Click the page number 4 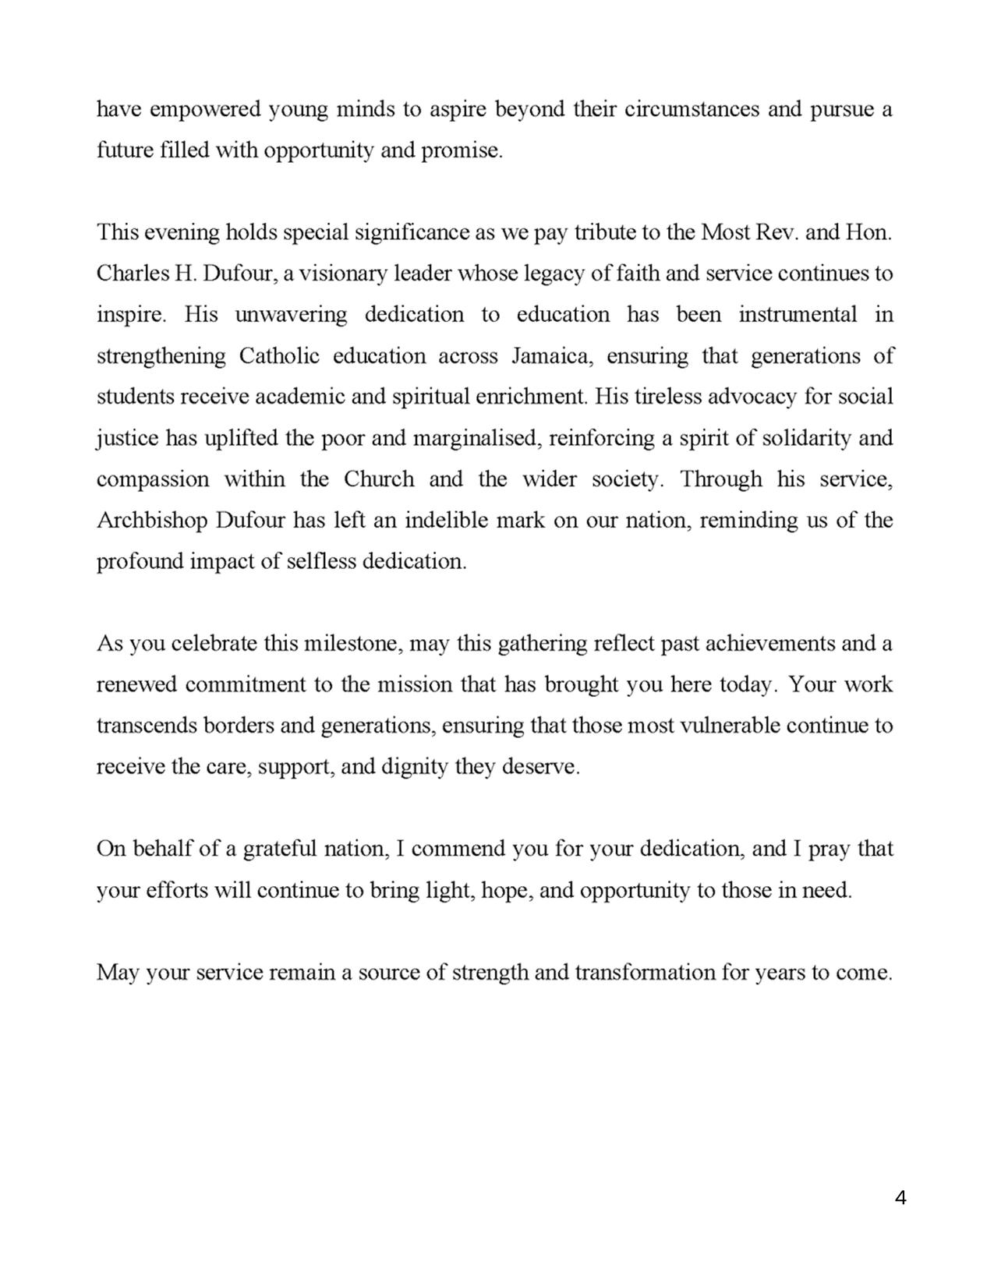pyautogui.click(x=900, y=1198)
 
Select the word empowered pyautogui.click(x=205, y=109)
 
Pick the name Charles pyautogui.click(x=126, y=274)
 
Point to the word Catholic pyautogui.click(x=279, y=356)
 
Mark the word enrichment pyautogui.click(x=534, y=397)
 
